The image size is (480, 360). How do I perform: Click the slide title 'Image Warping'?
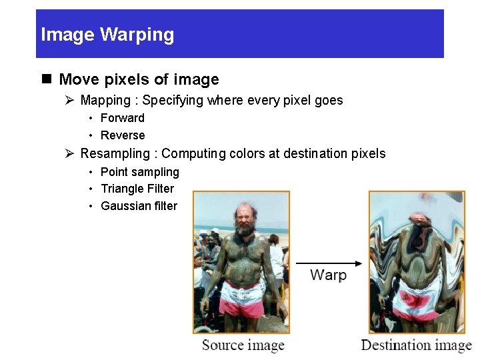[107, 35]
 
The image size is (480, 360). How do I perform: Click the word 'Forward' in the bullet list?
[122, 118]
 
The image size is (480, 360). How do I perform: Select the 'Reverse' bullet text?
[123, 135]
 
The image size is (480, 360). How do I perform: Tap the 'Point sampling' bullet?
[139, 172]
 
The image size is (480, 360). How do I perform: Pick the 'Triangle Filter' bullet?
[137, 189]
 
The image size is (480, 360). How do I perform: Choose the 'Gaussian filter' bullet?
[139, 206]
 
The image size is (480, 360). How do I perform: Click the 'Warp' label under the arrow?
[328, 275]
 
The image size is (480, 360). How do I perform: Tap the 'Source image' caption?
[243, 345]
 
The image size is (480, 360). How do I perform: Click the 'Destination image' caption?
[416, 345]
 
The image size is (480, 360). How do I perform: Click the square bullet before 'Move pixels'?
[46, 79]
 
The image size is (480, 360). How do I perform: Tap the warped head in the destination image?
[417, 230]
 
